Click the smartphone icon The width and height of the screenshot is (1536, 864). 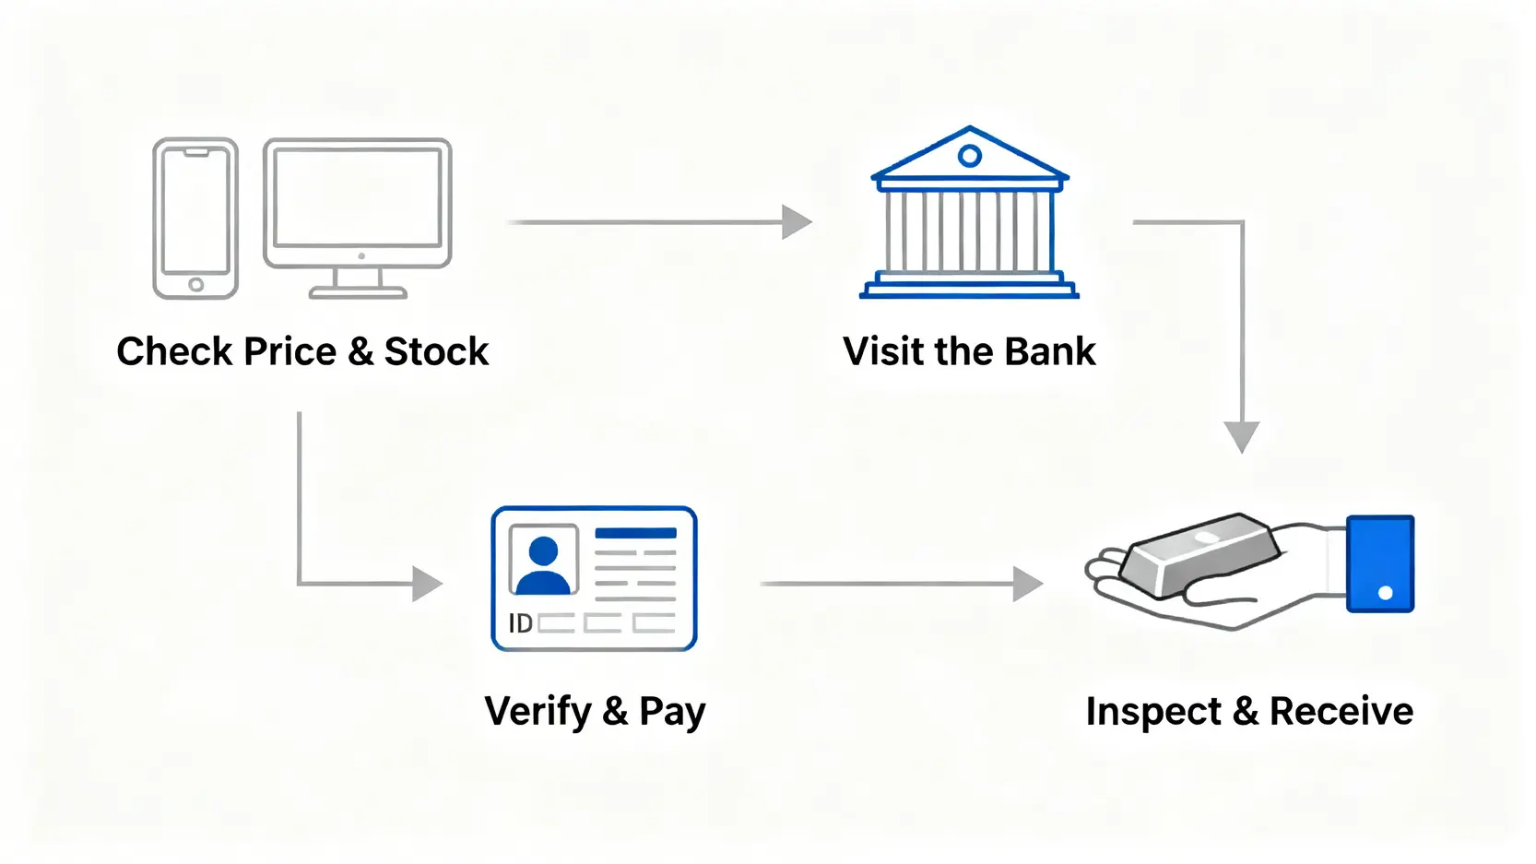(195, 219)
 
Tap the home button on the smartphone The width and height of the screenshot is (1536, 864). (195, 285)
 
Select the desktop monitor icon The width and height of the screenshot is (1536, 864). (358, 207)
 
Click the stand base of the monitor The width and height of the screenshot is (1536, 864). (358, 293)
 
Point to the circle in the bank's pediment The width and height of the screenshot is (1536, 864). (969, 156)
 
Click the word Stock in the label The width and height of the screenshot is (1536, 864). (436, 352)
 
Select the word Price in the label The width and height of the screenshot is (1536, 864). (290, 352)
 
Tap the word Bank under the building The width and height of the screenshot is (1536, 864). (1050, 352)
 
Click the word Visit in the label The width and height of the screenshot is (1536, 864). (883, 352)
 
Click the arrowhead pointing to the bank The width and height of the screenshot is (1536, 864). (796, 222)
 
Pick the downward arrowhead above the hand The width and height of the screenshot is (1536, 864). (1242, 436)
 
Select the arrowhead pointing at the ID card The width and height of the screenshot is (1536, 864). (427, 584)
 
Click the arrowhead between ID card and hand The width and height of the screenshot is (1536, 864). (1027, 584)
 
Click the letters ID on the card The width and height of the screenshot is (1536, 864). (520, 624)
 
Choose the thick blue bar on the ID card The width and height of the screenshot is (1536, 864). (635, 533)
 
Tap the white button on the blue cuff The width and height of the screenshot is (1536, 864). (1385, 593)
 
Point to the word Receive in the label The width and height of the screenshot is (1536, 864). (1341, 712)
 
